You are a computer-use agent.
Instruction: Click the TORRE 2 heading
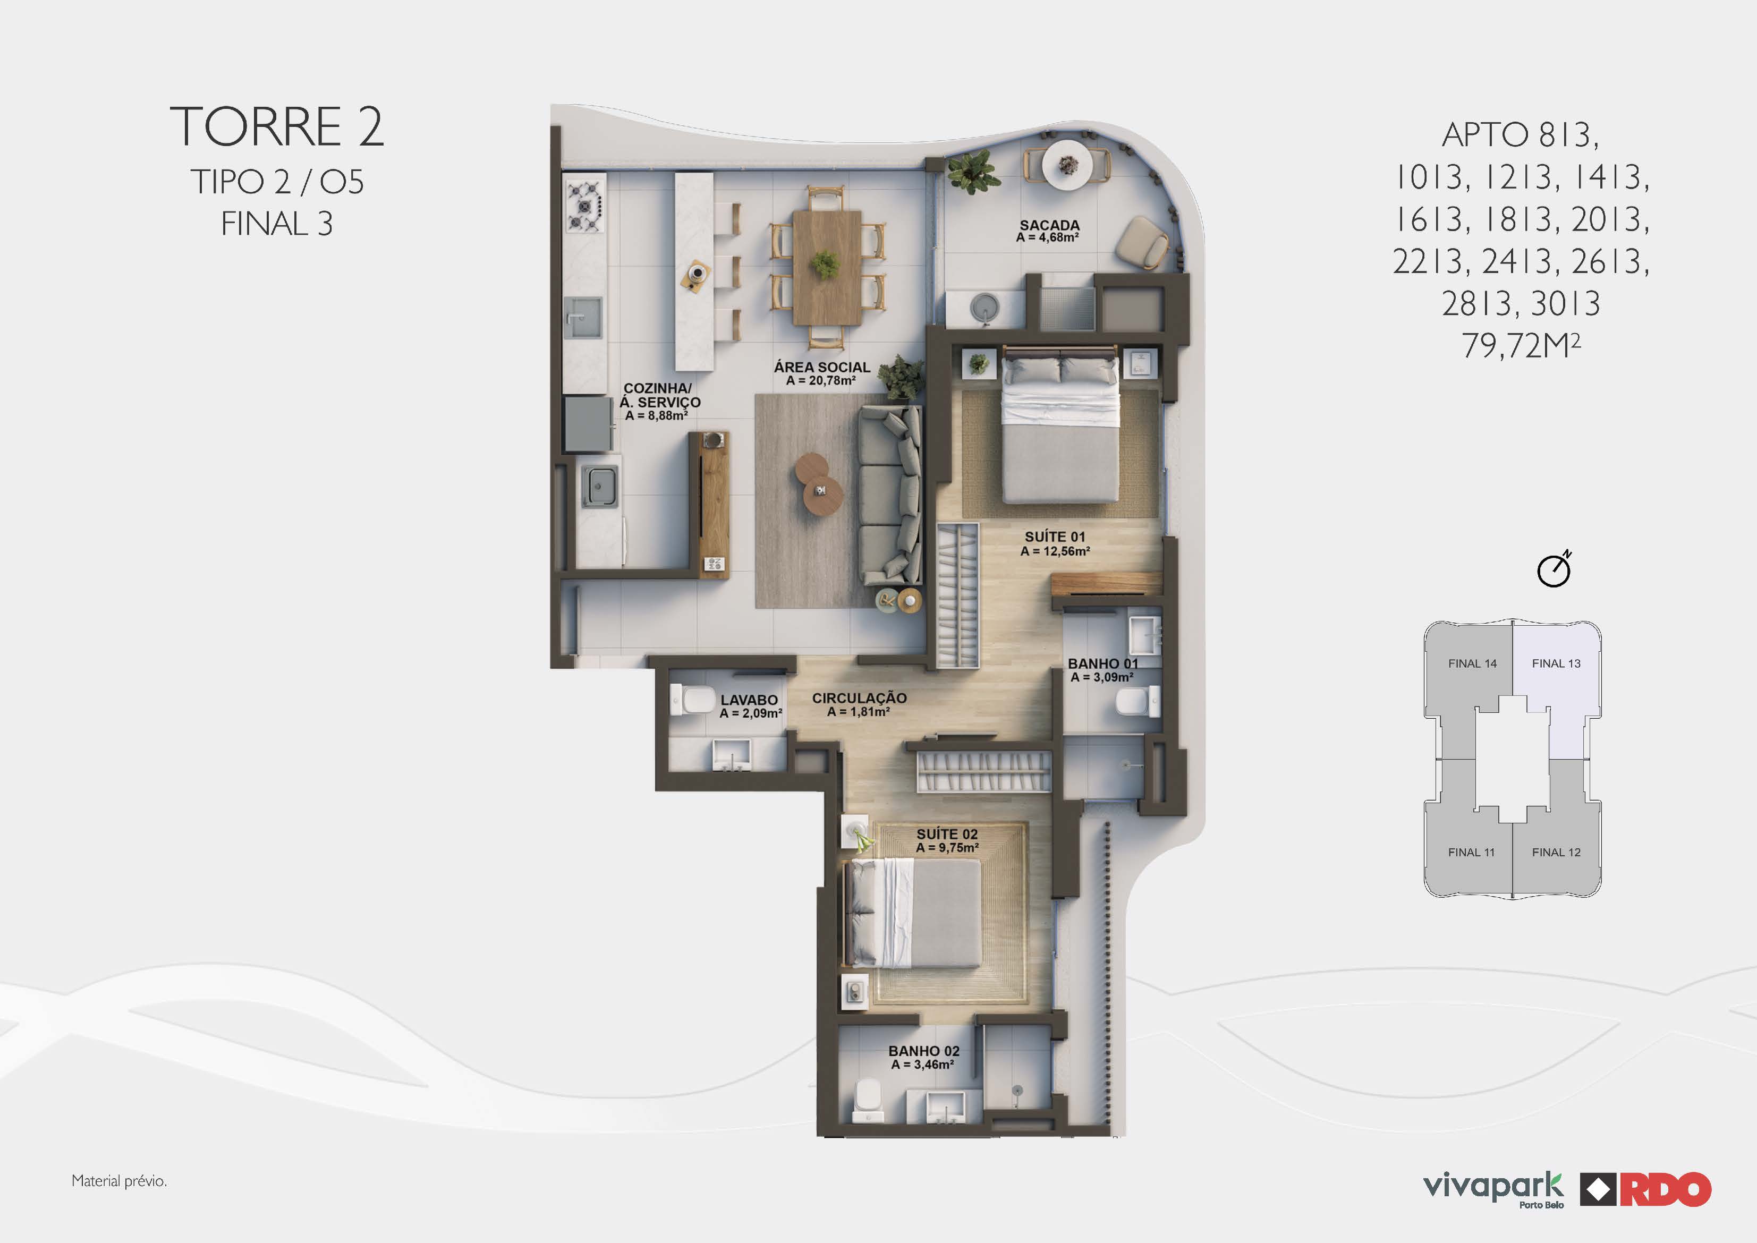click(276, 126)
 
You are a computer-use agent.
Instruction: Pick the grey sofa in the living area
click(889, 496)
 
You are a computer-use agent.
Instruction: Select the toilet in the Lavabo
click(693, 700)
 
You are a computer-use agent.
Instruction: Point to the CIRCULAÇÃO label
click(859, 698)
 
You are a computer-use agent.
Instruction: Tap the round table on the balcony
click(1067, 165)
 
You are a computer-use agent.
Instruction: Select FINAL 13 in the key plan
click(1556, 663)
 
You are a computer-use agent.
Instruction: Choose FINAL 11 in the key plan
click(1471, 852)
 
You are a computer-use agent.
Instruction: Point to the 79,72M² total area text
click(1521, 345)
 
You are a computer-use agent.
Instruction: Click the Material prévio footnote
click(118, 1181)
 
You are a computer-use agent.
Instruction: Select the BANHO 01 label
click(1102, 663)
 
